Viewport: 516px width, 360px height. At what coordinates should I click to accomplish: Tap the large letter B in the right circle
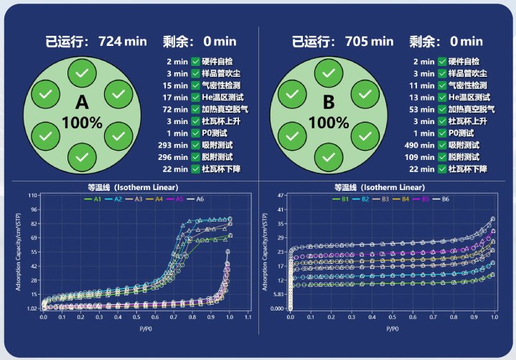(329, 101)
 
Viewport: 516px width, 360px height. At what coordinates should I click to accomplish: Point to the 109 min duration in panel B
(421, 156)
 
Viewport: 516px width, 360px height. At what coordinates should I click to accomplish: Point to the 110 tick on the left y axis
(32, 195)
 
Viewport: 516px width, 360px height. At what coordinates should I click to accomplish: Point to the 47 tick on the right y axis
(281, 195)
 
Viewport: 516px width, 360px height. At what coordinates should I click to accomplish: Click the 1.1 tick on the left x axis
(248, 316)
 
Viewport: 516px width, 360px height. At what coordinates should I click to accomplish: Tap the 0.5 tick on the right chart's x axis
(393, 316)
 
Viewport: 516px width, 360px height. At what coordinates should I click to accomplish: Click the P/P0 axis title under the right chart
(393, 328)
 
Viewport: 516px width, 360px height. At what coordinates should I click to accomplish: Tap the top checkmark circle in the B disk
(329, 73)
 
